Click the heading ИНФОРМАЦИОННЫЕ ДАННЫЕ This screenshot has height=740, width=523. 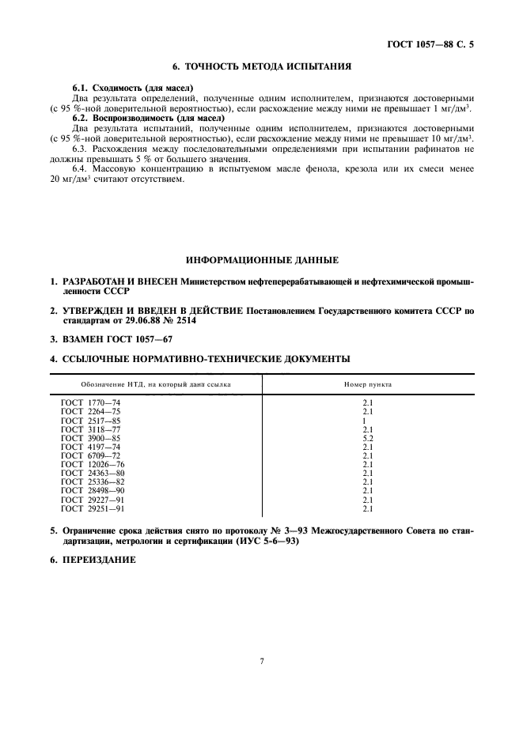tap(262, 259)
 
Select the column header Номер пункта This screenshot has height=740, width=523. tap(367, 385)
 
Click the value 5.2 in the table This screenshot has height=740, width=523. tap(367, 438)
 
